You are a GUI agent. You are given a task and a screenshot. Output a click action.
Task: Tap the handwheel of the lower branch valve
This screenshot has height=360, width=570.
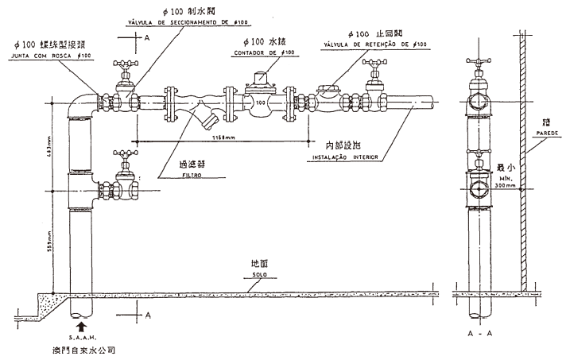(122, 153)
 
